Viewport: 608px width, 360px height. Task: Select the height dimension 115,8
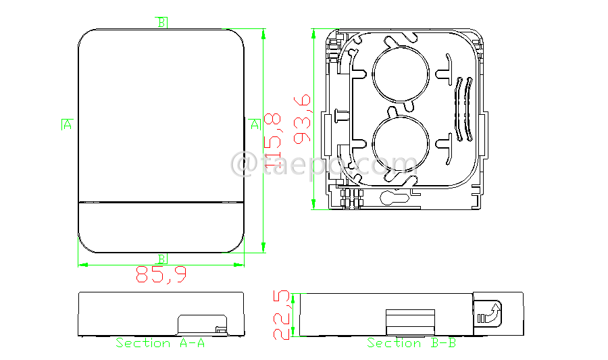(273, 140)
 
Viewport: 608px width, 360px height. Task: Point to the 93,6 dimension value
(302, 119)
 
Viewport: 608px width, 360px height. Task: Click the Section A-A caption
(160, 343)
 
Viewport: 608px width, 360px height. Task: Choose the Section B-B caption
(411, 343)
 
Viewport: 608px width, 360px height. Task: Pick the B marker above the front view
(161, 22)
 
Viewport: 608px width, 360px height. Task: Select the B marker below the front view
(161, 259)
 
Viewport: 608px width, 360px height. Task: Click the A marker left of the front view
(67, 124)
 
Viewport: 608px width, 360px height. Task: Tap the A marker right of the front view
(255, 124)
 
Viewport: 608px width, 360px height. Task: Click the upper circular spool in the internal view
(401, 74)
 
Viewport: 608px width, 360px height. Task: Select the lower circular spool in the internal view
(401, 143)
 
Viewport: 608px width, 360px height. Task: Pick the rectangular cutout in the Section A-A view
(201, 323)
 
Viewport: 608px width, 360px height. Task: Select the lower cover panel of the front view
(161, 227)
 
